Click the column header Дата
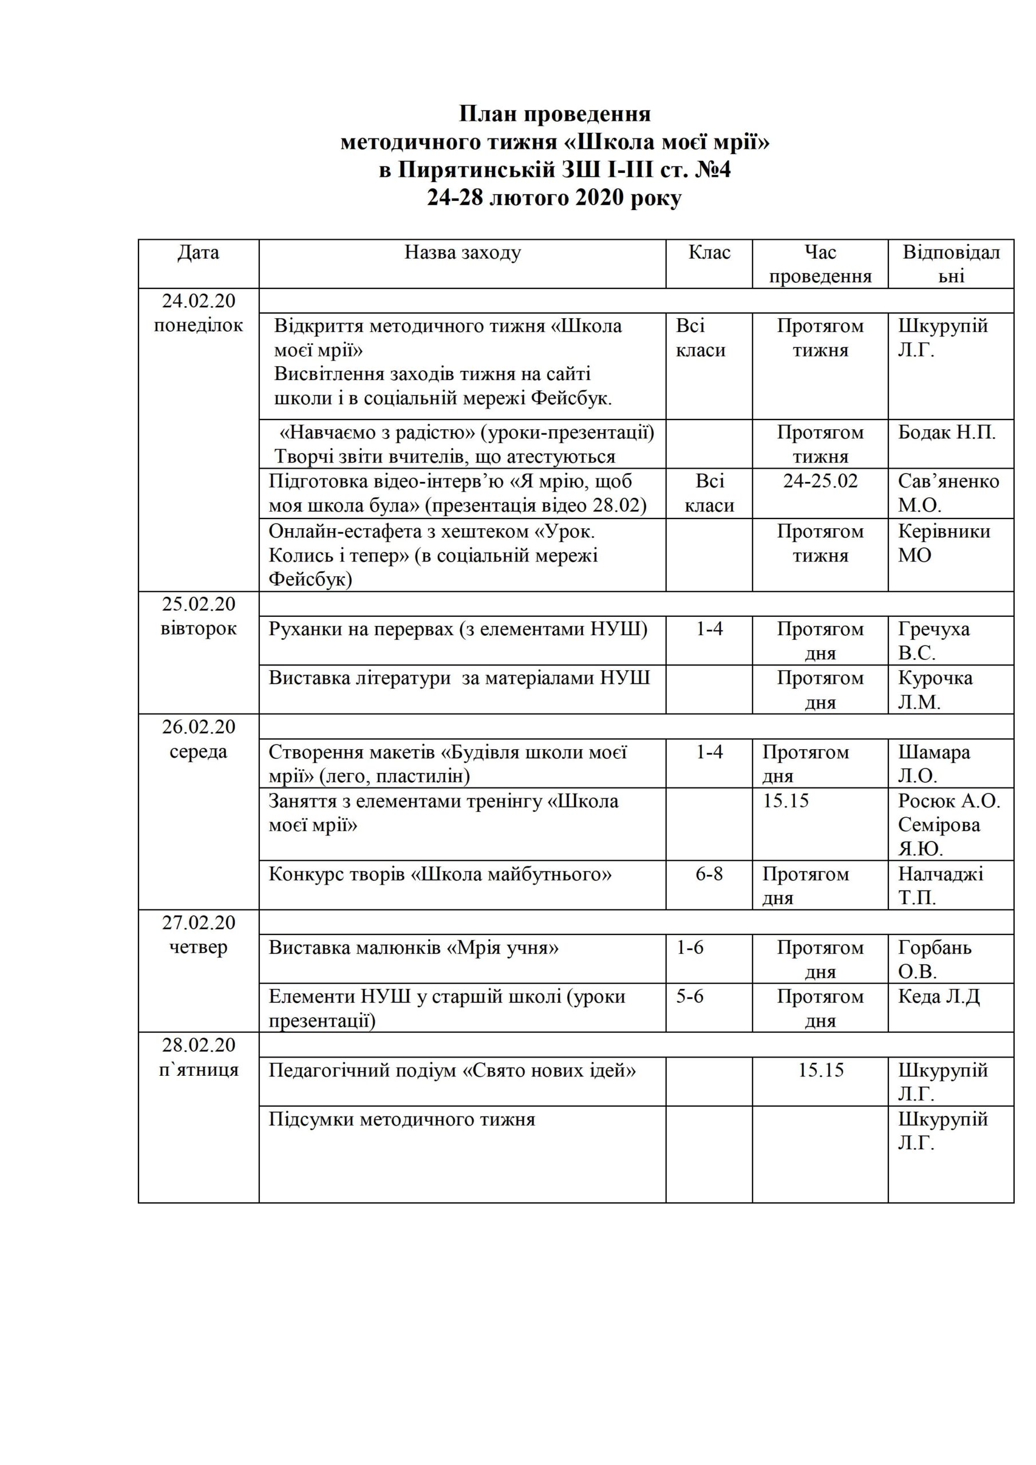click(198, 253)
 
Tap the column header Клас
click(709, 253)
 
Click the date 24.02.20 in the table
click(198, 300)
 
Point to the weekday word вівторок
click(198, 628)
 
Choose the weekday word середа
click(198, 751)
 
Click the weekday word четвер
click(198, 948)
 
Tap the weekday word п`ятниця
click(198, 1070)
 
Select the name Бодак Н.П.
click(947, 433)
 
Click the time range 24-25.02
click(820, 481)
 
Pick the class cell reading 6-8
click(709, 873)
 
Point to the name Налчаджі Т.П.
click(940, 886)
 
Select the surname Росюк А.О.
click(948, 801)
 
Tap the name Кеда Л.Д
click(938, 997)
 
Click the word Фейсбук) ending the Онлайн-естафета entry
click(310, 579)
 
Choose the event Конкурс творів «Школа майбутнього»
click(440, 873)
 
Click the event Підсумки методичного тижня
click(401, 1119)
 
